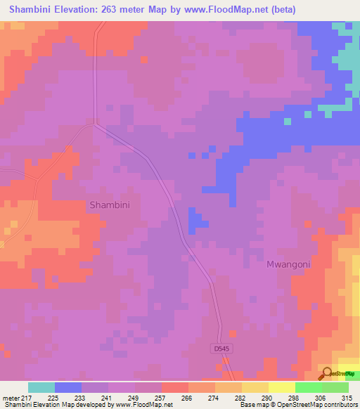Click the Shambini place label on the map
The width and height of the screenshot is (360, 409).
(110, 204)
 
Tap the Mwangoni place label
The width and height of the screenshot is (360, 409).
(288, 264)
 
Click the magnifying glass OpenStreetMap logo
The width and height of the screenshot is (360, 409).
(327, 375)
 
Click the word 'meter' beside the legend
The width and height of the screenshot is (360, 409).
(12, 397)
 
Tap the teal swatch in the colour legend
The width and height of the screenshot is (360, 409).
(41, 387)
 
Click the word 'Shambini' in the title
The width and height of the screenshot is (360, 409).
(32, 10)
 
